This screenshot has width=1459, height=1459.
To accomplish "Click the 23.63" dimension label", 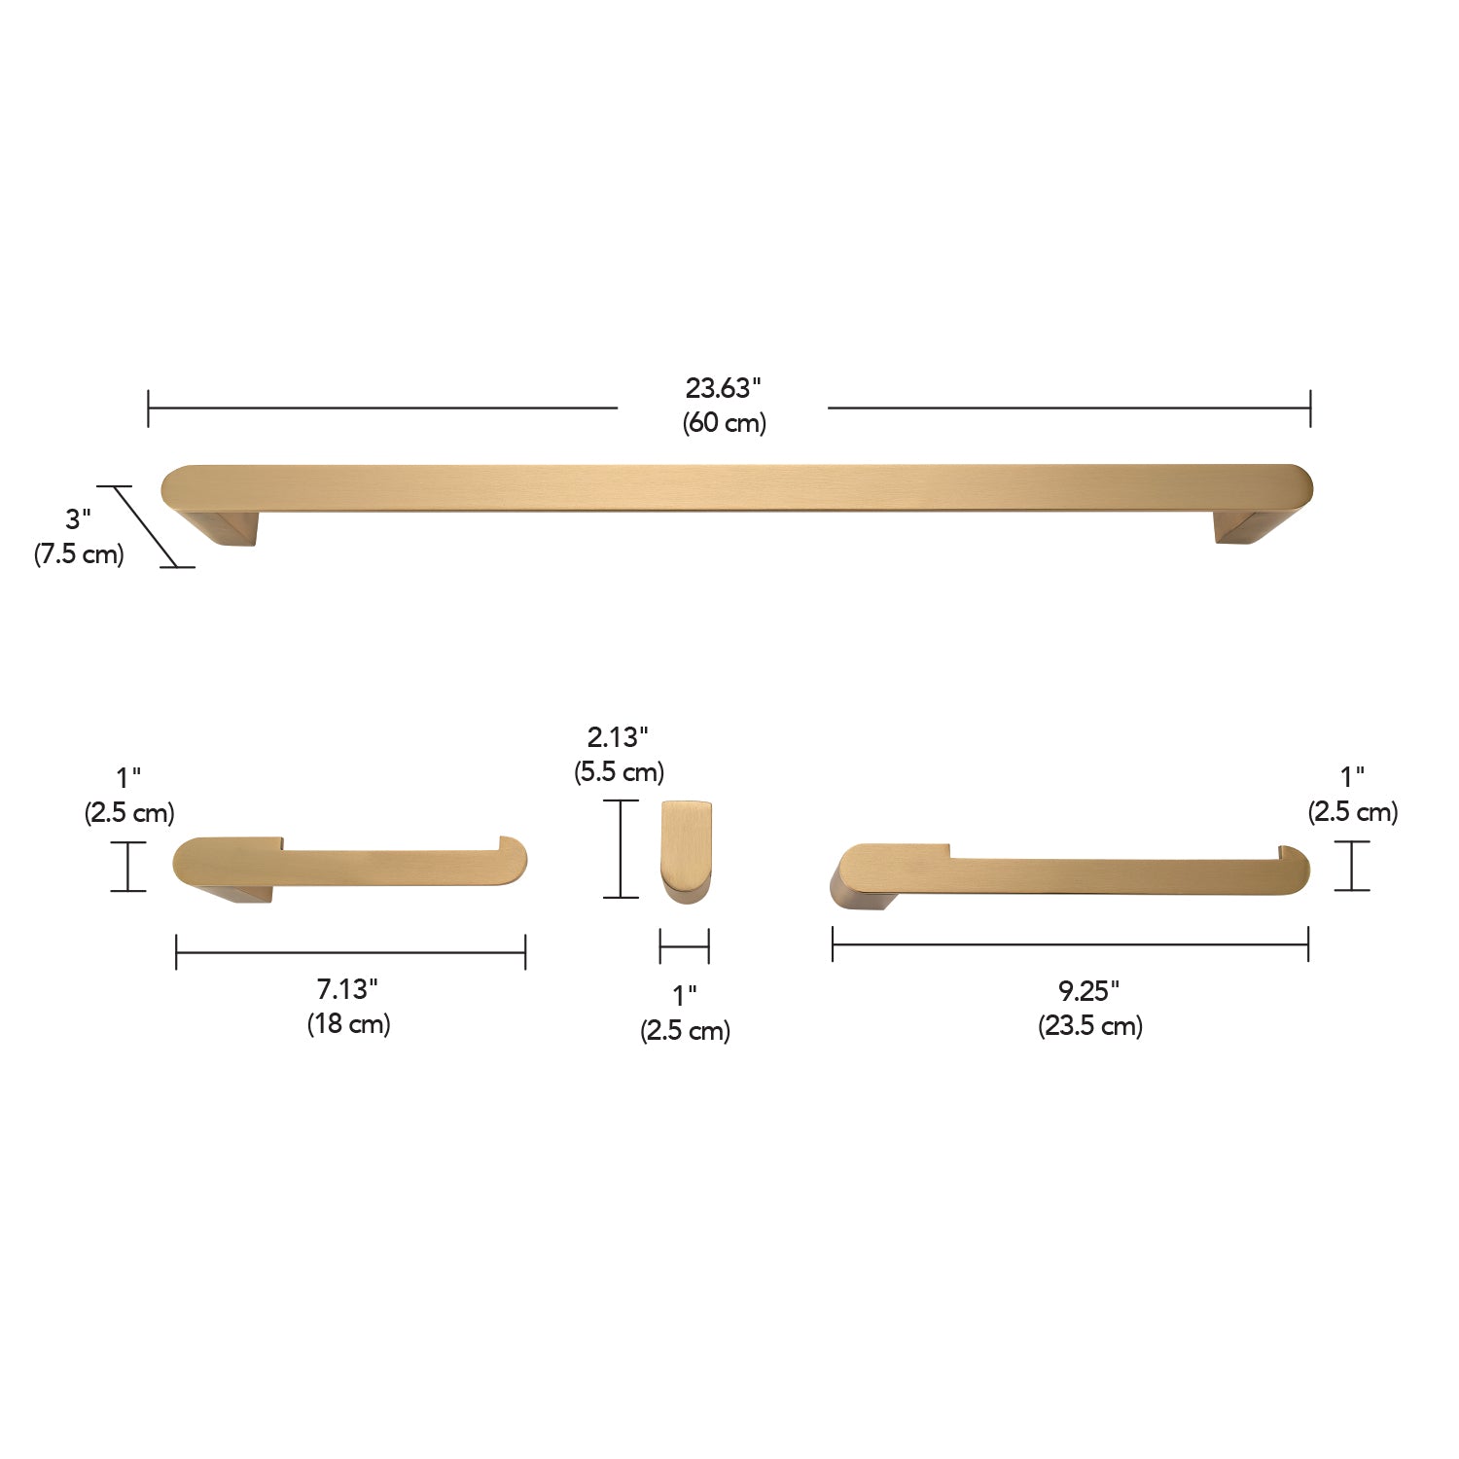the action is pyautogui.click(x=723, y=388).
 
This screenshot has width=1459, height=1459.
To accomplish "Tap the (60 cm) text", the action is pyautogui.click(x=724, y=423).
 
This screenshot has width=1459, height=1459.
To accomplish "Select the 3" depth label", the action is pyautogui.click(x=78, y=519).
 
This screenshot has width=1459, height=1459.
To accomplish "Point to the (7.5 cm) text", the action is pyautogui.click(x=79, y=554).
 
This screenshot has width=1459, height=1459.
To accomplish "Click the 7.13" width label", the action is pyautogui.click(x=347, y=989).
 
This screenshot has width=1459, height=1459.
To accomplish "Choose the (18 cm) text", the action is pyautogui.click(x=348, y=1024).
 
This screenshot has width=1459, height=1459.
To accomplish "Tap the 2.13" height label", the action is pyautogui.click(x=618, y=737).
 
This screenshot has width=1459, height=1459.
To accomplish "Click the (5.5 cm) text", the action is pyautogui.click(x=619, y=772).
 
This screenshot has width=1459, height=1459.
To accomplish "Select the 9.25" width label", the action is pyautogui.click(x=1089, y=991).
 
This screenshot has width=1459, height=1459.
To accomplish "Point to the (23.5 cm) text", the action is pyautogui.click(x=1090, y=1026).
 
